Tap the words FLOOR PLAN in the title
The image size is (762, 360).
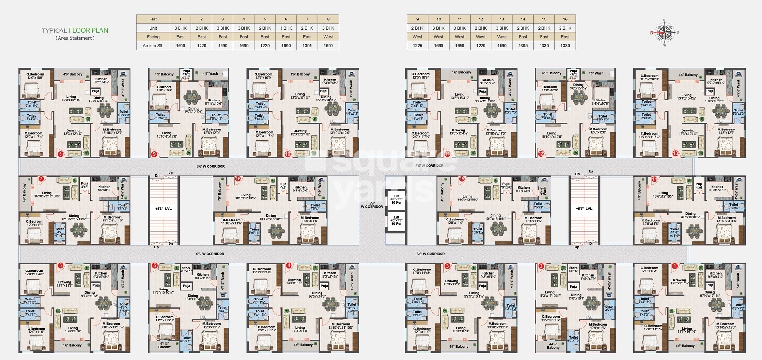click(88, 30)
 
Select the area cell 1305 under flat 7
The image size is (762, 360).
click(307, 46)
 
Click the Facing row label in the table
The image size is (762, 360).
click(153, 37)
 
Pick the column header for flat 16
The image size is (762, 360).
click(565, 19)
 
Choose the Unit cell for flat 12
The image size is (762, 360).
click(481, 28)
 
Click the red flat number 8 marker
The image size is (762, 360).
click(60, 154)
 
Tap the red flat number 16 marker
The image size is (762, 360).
click(238, 179)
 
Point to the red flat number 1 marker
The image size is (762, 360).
click(674, 266)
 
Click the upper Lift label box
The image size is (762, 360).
click(396, 199)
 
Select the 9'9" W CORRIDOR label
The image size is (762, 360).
click(372, 205)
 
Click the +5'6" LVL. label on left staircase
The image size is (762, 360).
click(163, 209)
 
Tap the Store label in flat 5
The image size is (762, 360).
click(186, 268)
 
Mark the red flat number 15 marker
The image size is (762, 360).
click(461, 179)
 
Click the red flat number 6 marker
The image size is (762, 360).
click(60, 266)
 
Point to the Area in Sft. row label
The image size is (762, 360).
click(153, 46)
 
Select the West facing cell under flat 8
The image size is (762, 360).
click(328, 37)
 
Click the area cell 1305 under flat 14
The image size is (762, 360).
click(523, 46)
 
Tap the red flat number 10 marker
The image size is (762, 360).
click(287, 154)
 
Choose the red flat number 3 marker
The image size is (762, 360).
click(447, 266)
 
